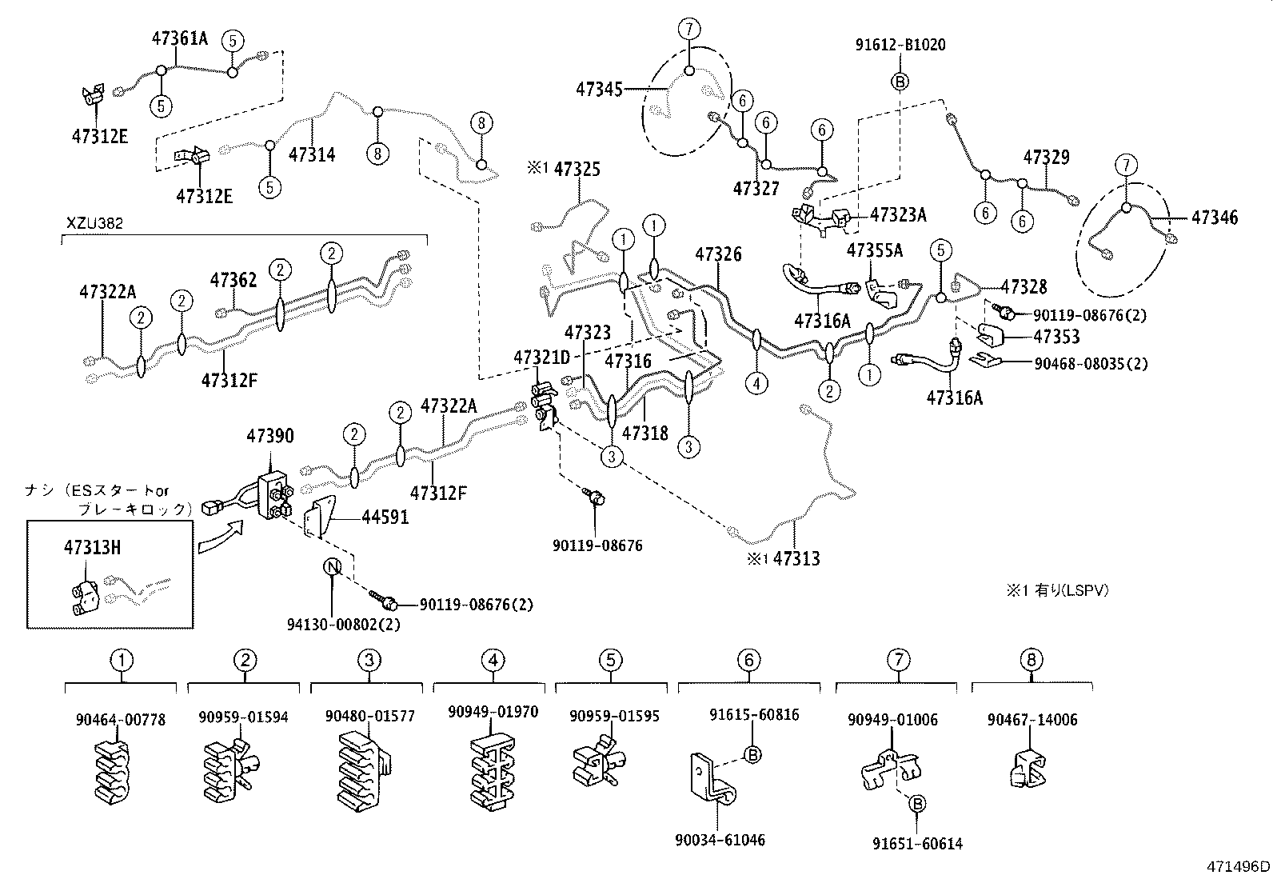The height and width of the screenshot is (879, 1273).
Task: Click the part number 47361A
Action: [x=180, y=38]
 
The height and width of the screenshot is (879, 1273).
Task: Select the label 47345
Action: [x=599, y=89]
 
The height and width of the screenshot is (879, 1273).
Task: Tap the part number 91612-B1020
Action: [x=900, y=45]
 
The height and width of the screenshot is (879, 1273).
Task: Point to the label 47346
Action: [x=1215, y=217]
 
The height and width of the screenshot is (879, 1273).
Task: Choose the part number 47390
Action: [x=269, y=436]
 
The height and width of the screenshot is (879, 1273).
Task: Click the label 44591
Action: [x=385, y=517]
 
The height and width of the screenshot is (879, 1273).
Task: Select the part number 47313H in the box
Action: [x=93, y=548]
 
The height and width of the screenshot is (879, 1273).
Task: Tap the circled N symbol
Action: [x=333, y=567]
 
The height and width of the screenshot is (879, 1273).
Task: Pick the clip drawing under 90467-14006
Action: [x=1027, y=769]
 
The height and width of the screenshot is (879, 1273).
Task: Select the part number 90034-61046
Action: [x=720, y=840]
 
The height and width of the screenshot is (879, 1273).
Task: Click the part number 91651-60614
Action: [x=917, y=843]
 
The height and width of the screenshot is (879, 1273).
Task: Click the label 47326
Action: [x=718, y=254]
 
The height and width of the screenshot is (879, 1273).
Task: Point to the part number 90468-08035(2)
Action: [x=1091, y=364]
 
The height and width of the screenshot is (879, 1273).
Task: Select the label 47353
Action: [x=1056, y=337]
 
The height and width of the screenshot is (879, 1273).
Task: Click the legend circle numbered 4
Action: [x=493, y=661]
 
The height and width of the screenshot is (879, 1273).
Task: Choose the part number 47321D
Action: [x=541, y=358]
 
